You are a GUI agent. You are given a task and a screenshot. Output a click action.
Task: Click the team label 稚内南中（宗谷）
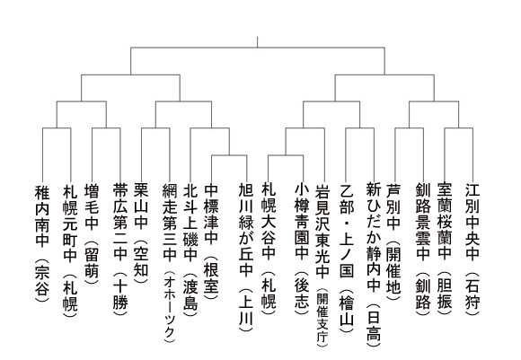tap(42, 243)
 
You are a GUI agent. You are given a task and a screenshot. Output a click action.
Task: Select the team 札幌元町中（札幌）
tap(70, 250)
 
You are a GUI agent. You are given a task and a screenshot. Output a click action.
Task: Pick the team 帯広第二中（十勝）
tap(120, 250)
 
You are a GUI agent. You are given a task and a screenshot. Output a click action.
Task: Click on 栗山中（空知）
tap(141, 233)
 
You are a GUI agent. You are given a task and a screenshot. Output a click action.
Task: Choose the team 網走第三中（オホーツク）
tap(170, 262)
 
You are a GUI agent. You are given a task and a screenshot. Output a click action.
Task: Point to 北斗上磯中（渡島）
tap(190, 250)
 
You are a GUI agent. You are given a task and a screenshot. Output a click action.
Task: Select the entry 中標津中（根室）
tap(211, 241)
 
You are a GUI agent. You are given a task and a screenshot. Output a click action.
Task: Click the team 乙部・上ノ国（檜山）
tap(346, 258)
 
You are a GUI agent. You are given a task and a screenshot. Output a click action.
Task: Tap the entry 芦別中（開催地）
tap(394, 241)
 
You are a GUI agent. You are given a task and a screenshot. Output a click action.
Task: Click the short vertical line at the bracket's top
tap(257, 42)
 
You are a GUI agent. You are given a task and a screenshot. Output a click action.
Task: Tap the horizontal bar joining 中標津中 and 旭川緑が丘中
tap(229, 155)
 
